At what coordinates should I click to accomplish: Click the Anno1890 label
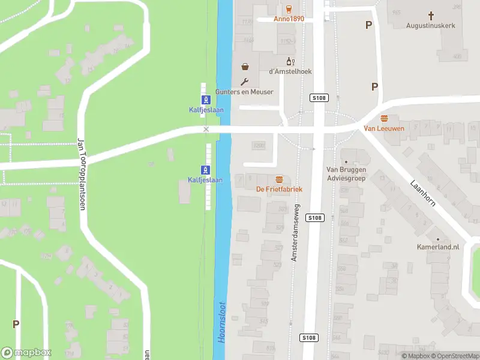289,19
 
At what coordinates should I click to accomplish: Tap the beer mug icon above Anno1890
289,8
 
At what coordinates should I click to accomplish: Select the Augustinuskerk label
430,25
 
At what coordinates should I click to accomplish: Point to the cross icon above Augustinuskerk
430,15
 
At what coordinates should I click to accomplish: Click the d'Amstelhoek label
290,71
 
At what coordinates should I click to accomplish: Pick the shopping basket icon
245,67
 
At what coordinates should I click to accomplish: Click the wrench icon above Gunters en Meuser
244,82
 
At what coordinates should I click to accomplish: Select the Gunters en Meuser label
244,92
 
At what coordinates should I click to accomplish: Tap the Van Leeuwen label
384,128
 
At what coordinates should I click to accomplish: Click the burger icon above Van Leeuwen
384,118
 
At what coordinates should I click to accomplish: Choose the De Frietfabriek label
279,189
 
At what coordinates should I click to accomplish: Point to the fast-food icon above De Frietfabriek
279,179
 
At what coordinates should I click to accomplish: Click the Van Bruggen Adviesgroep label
346,174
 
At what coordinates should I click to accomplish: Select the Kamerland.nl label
438,247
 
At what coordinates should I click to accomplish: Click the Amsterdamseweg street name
295,232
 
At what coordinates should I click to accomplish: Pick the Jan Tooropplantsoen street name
81,174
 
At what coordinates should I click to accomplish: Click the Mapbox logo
26,353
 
